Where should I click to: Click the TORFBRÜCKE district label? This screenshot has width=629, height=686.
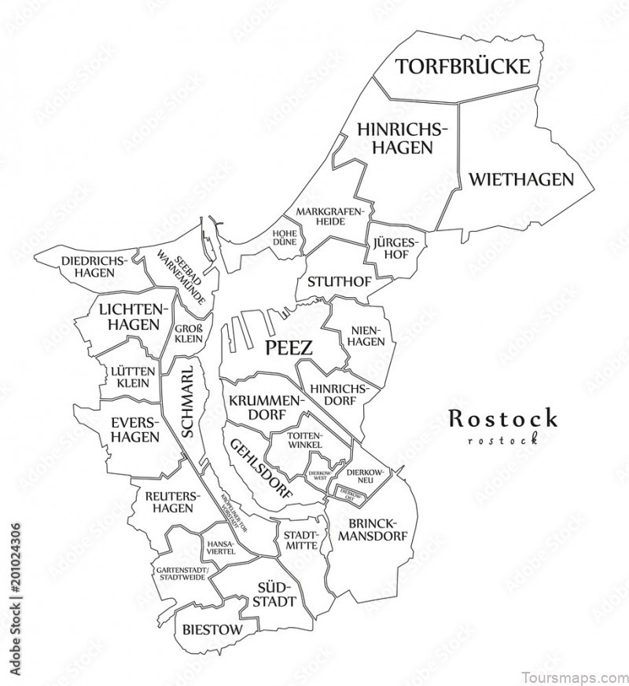click(462, 66)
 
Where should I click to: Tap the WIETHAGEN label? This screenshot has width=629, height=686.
click(521, 179)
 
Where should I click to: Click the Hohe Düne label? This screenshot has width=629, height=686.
click(284, 237)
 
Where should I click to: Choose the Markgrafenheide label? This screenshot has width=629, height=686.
click(331, 216)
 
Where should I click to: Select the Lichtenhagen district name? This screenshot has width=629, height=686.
click(130, 317)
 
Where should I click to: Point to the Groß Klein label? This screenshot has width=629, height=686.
click(189, 334)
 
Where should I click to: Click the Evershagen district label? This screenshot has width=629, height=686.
click(134, 430)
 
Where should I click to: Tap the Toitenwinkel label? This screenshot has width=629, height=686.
click(305, 440)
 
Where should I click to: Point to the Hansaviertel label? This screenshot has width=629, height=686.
click(220, 547)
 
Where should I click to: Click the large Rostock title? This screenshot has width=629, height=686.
click(502, 419)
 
